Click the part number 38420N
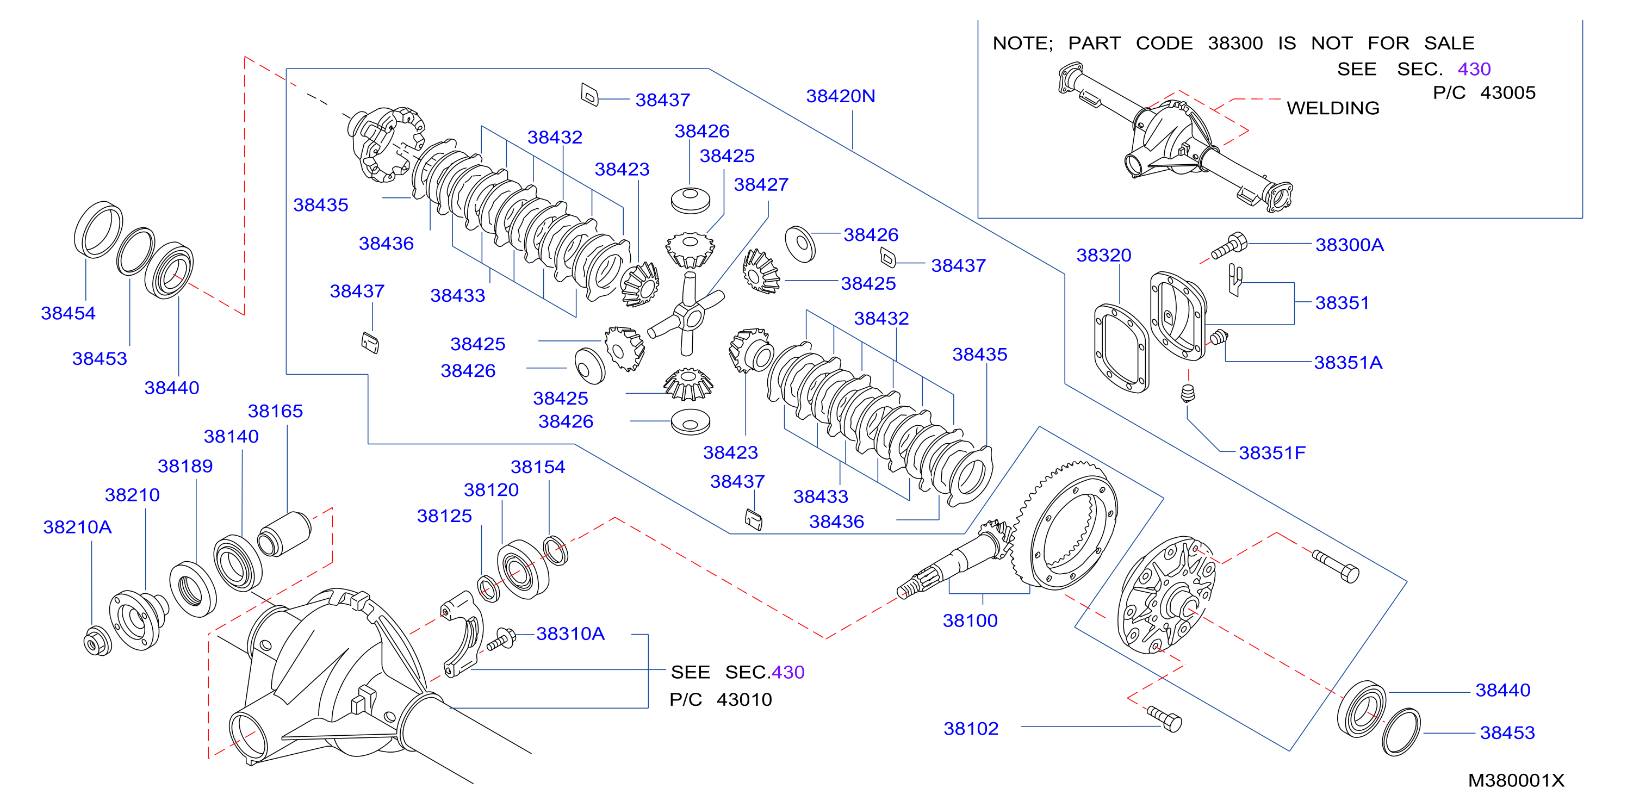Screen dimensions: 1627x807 pyautogui.click(x=840, y=96)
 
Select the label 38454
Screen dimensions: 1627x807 pyautogui.click(x=68, y=313)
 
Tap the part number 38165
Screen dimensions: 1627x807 pyautogui.click(x=275, y=411)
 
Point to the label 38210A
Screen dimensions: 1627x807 pyautogui.click(x=77, y=527)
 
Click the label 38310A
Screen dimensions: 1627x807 pyautogui.click(x=570, y=634)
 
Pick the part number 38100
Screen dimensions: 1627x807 pyautogui.click(x=970, y=620)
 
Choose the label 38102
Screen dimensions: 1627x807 pyautogui.click(x=971, y=729)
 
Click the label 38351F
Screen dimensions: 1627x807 pyautogui.click(x=1272, y=453)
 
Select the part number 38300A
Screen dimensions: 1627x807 pyautogui.click(x=1350, y=245)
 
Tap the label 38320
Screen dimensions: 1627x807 pyautogui.click(x=1103, y=255)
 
